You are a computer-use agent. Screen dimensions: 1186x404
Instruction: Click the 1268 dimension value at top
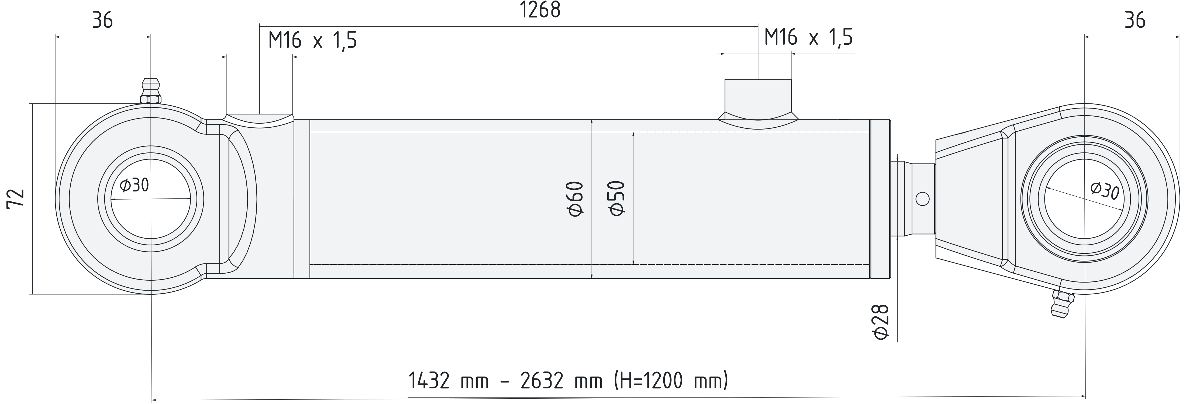coord(540,10)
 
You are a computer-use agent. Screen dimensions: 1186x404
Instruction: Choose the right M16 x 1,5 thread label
coord(808,37)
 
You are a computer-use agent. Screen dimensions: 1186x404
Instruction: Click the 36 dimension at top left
coord(102,21)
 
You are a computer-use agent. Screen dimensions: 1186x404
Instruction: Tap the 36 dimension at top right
coord(1135,21)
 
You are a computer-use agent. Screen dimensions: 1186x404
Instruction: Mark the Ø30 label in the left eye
coord(134,185)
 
